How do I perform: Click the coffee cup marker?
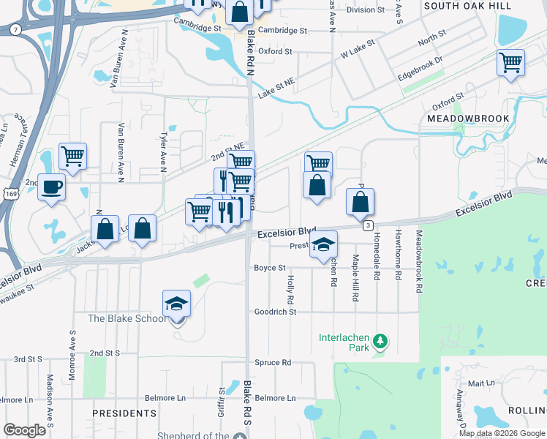click(x=51, y=186)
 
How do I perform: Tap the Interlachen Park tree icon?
click(x=380, y=341)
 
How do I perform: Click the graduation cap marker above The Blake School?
click(x=176, y=303)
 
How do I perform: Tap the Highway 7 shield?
click(x=15, y=30)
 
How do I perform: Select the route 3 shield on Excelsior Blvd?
click(x=369, y=225)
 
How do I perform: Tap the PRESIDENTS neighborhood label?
click(x=124, y=413)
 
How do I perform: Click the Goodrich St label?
click(x=274, y=312)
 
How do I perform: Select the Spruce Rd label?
click(x=273, y=362)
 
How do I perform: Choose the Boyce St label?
click(x=269, y=268)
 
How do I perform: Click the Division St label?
click(x=366, y=10)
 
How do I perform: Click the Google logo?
click(x=23, y=430)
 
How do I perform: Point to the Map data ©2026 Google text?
click(x=501, y=433)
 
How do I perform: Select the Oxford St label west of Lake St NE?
click(x=275, y=51)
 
